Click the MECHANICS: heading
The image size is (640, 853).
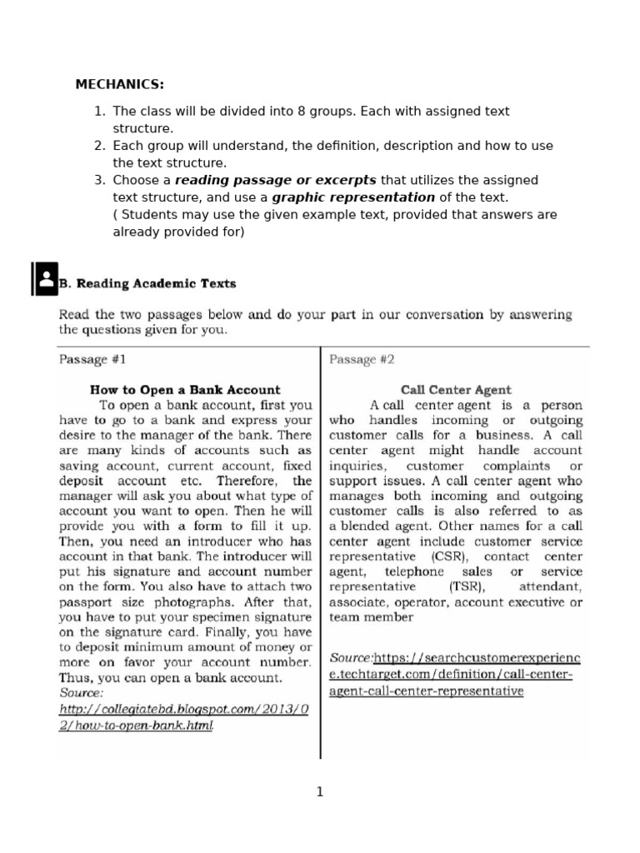pyautogui.click(x=119, y=84)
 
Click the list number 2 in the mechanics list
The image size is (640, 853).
pyautogui.click(x=98, y=146)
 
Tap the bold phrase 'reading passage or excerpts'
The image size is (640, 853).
pyautogui.click(x=275, y=180)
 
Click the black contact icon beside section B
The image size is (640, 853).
pyautogui.click(x=45, y=279)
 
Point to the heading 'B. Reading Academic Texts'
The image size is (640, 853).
pyautogui.click(x=147, y=283)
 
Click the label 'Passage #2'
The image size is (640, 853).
pyautogui.click(x=362, y=360)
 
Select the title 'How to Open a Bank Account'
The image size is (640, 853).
pyautogui.click(x=185, y=389)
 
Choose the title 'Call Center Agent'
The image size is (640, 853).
pyautogui.click(x=456, y=389)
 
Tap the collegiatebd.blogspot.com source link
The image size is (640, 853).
pyautogui.click(x=183, y=716)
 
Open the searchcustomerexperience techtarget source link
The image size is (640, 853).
pyautogui.click(x=455, y=674)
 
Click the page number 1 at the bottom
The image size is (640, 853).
pyautogui.click(x=320, y=792)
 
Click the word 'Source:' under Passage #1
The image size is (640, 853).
pyautogui.click(x=82, y=692)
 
